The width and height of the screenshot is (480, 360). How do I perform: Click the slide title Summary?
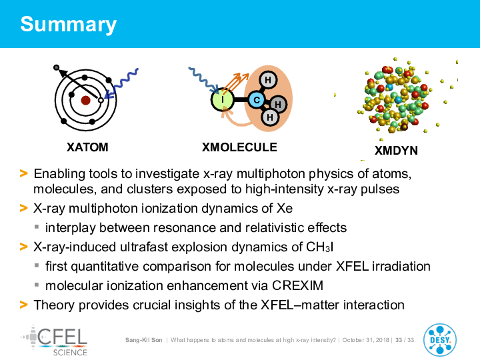click(x=68, y=25)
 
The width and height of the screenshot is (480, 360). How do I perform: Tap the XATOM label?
click(x=87, y=147)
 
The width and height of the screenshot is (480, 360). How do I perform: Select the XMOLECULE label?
click(x=239, y=147)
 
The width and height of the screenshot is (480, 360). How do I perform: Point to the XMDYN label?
click(x=396, y=151)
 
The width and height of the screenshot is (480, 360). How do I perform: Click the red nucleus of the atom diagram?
click(x=85, y=100)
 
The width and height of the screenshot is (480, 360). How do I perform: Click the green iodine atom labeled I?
click(x=223, y=99)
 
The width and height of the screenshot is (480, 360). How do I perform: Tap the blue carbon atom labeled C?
click(x=257, y=100)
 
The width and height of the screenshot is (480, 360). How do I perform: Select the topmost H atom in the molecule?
click(x=268, y=80)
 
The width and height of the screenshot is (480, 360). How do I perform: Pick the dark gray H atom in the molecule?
click(x=277, y=105)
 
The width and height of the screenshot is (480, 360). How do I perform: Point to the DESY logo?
click(x=440, y=340)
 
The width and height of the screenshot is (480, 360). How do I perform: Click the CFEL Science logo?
click(x=55, y=341)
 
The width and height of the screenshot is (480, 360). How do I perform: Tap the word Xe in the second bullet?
click(x=285, y=209)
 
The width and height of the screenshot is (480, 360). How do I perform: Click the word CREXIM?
click(x=297, y=285)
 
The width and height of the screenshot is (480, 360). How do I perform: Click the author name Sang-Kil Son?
click(x=143, y=340)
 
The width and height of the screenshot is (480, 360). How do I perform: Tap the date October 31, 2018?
click(x=365, y=340)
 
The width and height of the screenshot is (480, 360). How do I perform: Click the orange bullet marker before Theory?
click(x=23, y=305)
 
